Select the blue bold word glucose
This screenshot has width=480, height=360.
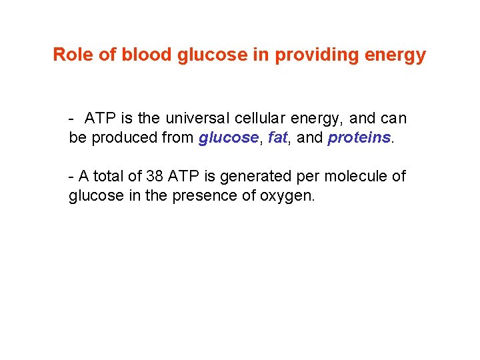point(228,138)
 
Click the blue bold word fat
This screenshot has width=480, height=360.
point(277,138)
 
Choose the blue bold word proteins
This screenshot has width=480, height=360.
point(359,138)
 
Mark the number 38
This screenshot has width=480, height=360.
point(155,177)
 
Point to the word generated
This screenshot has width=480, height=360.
point(249,177)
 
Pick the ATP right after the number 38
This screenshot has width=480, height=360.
point(183,177)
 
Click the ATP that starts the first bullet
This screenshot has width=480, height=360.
point(100,119)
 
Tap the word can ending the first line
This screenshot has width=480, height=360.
point(393,119)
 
